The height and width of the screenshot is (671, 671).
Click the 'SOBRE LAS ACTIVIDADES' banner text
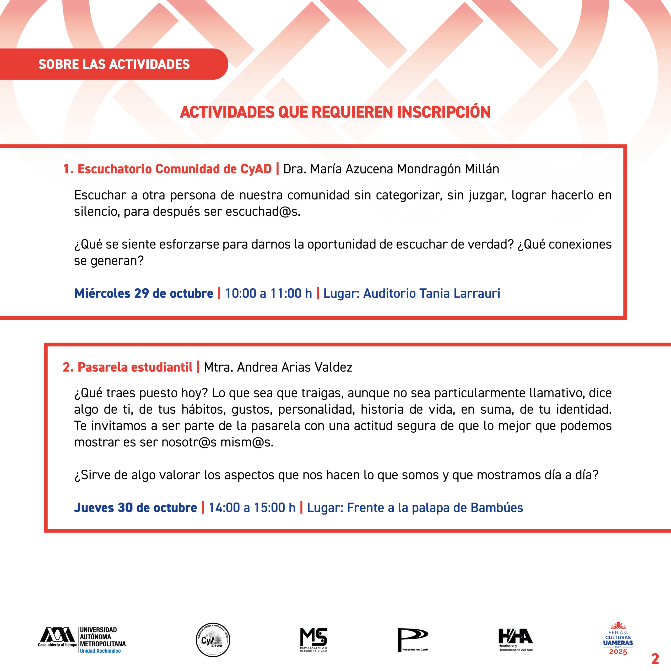pos(114,64)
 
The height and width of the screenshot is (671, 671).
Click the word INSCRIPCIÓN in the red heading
pos(443,112)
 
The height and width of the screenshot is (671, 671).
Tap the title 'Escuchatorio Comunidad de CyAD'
pos(174,169)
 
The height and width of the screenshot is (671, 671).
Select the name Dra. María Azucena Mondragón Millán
pos(391,169)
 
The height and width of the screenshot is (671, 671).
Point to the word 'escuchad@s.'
pos(263,212)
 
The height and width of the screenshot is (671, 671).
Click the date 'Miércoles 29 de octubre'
pos(143,294)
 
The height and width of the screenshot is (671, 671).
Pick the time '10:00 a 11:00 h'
pos(268,294)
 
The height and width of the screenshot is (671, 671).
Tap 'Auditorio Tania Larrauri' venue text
pos(431,294)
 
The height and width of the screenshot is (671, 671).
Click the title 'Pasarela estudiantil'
pos(135,367)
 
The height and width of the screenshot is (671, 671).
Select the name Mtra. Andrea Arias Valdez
pos(278,367)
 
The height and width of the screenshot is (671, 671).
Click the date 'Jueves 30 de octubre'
pos(136,508)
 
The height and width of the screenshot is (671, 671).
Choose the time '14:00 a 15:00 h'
pos(252,508)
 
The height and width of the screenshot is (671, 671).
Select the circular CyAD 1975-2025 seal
pos(213,640)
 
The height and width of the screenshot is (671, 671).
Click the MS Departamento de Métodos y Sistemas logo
pos(314,640)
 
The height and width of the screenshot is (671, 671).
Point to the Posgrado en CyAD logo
pos(413,640)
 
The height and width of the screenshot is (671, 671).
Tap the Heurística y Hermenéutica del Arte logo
pos(515,640)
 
